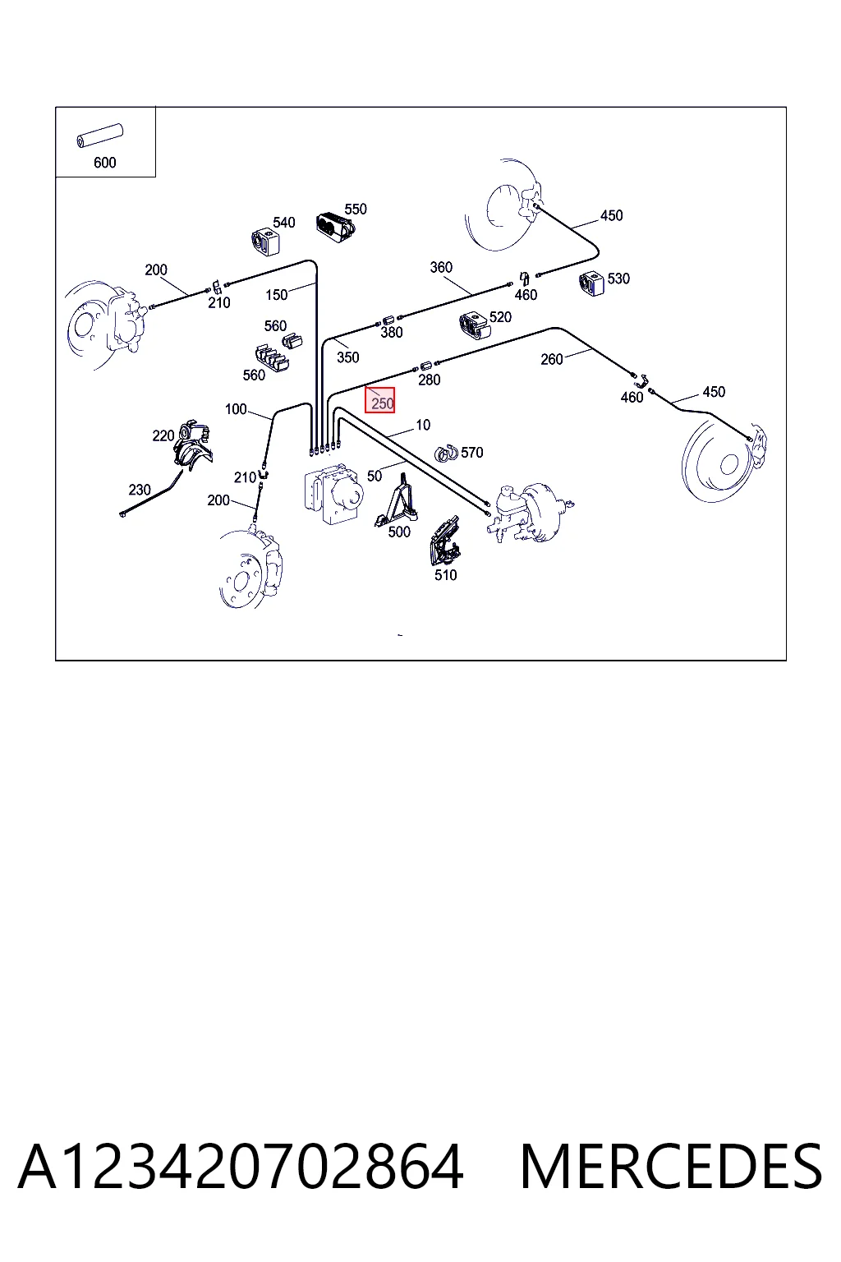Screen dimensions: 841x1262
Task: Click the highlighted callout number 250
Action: click(x=383, y=403)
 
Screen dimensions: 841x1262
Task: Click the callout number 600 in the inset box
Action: click(x=105, y=163)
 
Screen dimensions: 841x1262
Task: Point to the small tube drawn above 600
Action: click(x=99, y=136)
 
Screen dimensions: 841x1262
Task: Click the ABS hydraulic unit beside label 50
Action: click(x=333, y=492)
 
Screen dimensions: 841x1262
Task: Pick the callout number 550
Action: click(x=356, y=209)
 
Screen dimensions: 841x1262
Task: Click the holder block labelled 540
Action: click(x=265, y=241)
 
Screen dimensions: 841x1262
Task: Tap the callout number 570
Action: click(x=472, y=453)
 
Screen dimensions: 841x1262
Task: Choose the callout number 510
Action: click(x=446, y=575)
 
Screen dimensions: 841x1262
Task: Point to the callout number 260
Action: click(x=551, y=359)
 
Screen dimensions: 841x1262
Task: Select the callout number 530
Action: click(x=618, y=279)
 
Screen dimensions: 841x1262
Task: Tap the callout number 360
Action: click(x=441, y=267)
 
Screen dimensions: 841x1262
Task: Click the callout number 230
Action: click(x=139, y=490)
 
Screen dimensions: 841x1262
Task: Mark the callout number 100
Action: click(x=236, y=409)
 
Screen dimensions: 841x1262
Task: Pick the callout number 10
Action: click(x=423, y=425)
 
